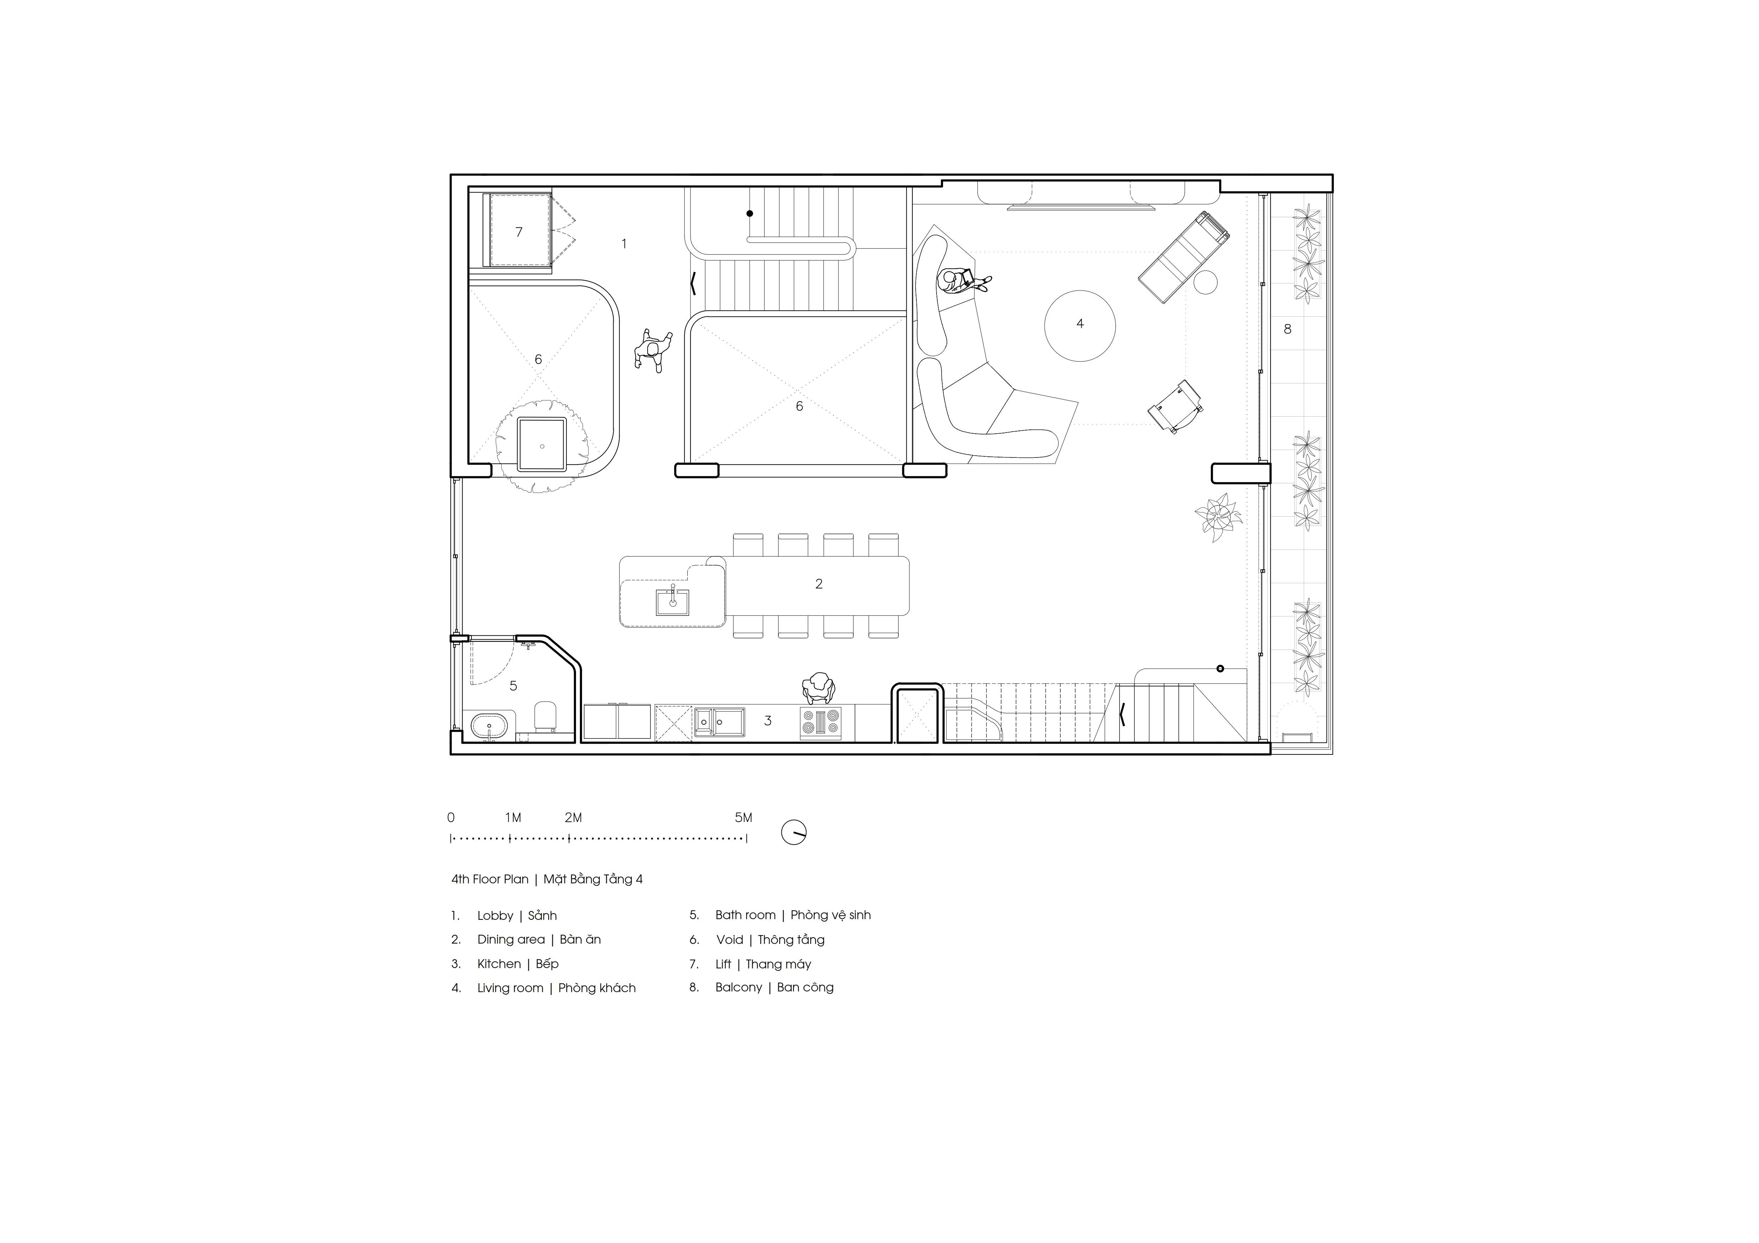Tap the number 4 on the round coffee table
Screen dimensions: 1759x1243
1080,324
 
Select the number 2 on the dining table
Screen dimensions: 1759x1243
819,584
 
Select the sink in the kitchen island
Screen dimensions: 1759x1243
672,602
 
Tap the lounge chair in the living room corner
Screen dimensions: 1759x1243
1184,257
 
